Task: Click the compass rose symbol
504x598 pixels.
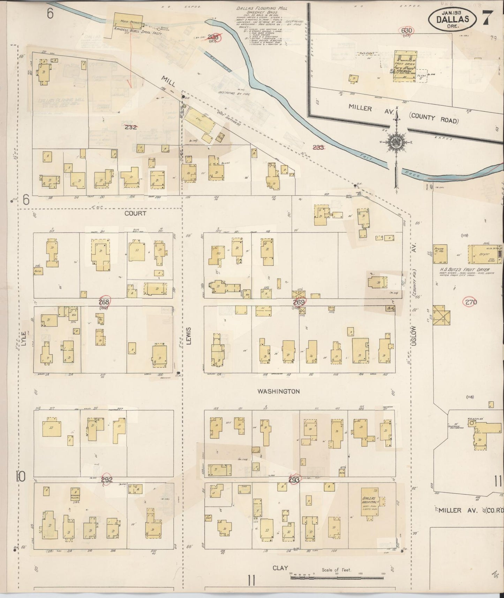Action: coord(397,142)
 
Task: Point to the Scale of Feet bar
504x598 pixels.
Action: coord(337,578)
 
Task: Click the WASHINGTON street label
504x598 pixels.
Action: coord(278,391)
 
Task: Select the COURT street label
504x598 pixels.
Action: coord(135,213)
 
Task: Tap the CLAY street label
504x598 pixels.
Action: coord(280,568)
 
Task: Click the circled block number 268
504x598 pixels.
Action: coord(104,302)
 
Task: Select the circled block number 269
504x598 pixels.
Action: coord(299,302)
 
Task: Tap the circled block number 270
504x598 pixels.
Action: coord(471,302)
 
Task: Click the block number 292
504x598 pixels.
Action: coord(107,480)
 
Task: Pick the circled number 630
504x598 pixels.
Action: coord(407,30)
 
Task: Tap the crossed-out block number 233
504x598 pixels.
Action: coord(318,147)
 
